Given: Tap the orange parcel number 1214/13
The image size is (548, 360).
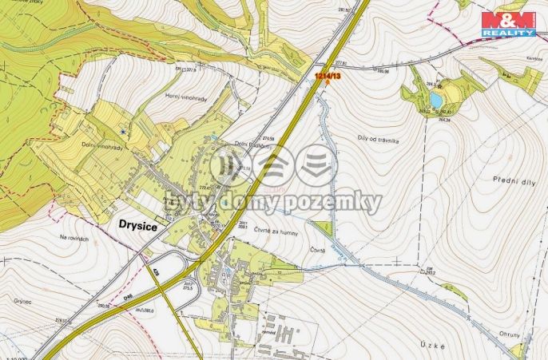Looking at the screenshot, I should (328, 75).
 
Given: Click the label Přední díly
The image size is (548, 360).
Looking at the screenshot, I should (494, 178).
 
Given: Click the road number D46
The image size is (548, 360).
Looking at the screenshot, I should (128, 298).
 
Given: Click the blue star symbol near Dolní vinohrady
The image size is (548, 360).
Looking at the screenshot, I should (121, 130).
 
